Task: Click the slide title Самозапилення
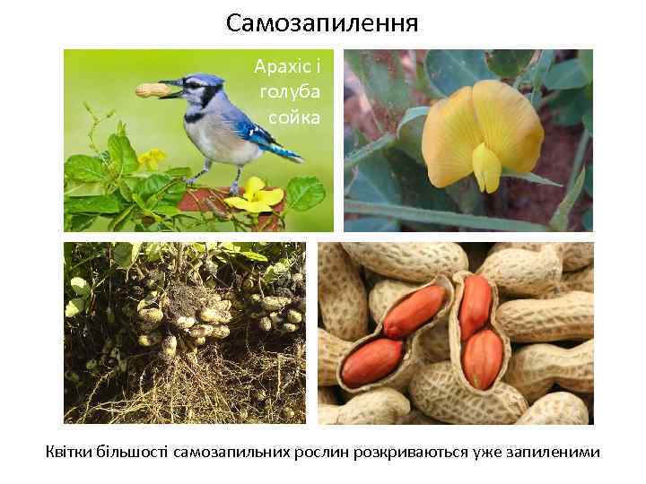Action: (322, 21)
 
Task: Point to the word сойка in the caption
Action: (294, 117)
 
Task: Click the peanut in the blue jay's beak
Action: (154, 89)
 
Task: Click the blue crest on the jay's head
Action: (210, 80)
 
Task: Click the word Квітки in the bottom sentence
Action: (71, 451)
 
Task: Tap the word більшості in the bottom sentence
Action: (134, 451)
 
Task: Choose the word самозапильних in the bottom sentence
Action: (231, 451)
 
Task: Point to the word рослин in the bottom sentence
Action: (320, 451)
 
